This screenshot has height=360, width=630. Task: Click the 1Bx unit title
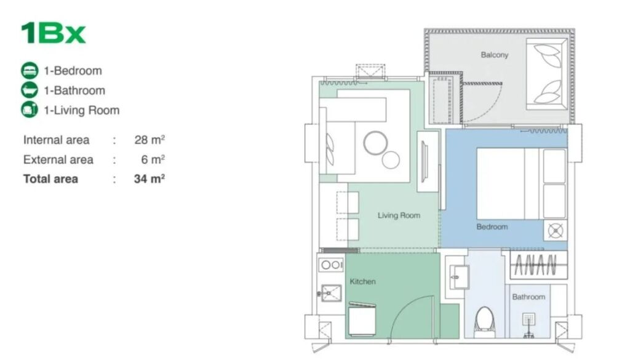[53, 33]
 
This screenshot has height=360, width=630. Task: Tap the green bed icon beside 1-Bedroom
[30, 71]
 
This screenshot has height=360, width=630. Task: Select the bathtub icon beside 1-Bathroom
[30, 90]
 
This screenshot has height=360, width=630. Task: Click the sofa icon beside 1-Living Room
[30, 110]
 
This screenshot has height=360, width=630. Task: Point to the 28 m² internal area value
[150, 140]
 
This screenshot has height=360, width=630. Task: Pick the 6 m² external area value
[153, 159]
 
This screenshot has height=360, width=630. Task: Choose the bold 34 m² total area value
[150, 179]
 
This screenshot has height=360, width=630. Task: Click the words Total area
[50, 179]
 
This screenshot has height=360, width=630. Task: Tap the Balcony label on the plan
[495, 55]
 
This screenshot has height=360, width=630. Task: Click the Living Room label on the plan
[399, 215]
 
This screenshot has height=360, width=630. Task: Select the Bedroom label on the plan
[492, 226]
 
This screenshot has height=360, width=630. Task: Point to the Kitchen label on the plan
[362, 281]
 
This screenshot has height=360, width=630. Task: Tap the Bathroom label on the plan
[528, 297]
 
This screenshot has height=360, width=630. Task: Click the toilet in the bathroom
[484, 322]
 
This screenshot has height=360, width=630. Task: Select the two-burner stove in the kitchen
[330, 265]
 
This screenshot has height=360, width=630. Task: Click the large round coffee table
[376, 143]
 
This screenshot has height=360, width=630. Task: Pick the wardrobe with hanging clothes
[538, 265]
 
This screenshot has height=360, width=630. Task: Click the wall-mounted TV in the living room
[424, 161]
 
